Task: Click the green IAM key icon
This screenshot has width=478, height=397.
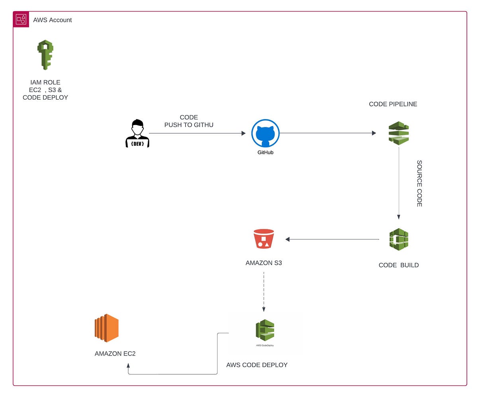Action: click(45, 55)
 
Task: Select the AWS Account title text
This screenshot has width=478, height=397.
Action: click(52, 20)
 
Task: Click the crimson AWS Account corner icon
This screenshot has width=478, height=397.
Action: click(21, 20)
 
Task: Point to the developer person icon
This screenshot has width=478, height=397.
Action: click(137, 133)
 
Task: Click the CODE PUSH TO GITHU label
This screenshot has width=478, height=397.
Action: click(189, 121)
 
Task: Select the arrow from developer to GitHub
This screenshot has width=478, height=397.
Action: click(197, 133)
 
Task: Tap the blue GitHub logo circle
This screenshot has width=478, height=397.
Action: click(265, 133)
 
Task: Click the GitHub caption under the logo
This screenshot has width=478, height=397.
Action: click(265, 153)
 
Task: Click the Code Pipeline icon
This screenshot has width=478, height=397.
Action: click(399, 133)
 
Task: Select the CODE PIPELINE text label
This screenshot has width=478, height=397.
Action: click(393, 104)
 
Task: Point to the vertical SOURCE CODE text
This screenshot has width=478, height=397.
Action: click(419, 184)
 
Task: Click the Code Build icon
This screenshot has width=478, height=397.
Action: click(399, 239)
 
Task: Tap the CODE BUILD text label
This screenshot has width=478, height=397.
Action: click(398, 265)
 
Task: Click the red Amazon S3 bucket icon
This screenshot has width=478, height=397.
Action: click(264, 239)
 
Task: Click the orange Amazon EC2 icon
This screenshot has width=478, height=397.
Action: click(107, 328)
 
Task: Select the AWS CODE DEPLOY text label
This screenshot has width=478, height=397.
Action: click(257, 365)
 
